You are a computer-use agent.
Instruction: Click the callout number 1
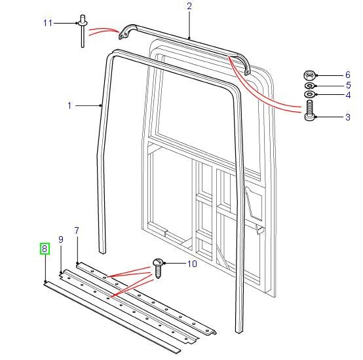[x=69, y=104]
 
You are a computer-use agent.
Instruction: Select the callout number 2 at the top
[x=189, y=6]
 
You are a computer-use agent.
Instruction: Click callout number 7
[x=77, y=230]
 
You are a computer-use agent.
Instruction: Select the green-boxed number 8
[x=44, y=249]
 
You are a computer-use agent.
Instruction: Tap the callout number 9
[x=60, y=240]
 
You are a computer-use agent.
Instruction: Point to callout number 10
[x=191, y=264]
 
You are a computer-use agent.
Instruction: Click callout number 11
[x=47, y=23]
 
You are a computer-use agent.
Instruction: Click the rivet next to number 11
[x=83, y=29]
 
